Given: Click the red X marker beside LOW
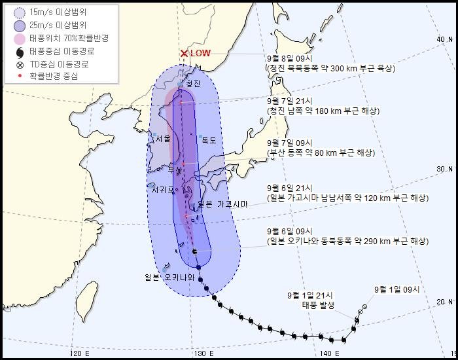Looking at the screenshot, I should (x=185, y=54).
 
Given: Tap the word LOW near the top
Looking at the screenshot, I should (x=201, y=54).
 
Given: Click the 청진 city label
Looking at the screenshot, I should (x=192, y=84).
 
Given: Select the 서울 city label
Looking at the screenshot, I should (x=163, y=139).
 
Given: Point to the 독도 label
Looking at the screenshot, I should (x=208, y=140).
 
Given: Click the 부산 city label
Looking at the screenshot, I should (x=175, y=170).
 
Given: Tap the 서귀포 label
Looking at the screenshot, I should (x=163, y=190).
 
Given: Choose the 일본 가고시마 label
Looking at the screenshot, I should (x=222, y=204).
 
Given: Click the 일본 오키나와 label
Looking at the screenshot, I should (x=169, y=277).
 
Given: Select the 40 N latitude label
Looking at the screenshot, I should (x=444, y=40).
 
